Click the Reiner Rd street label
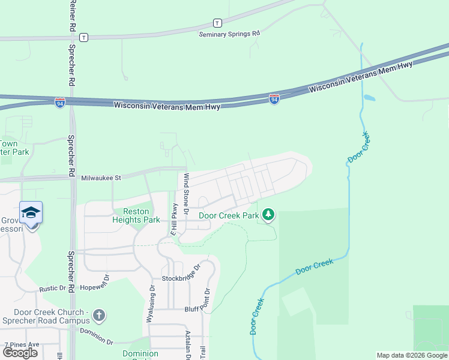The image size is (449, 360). [x=72, y=16]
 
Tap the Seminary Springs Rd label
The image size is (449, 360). [x=230, y=34]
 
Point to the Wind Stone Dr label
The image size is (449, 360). [x=186, y=194]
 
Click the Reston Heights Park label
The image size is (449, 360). [x=136, y=215]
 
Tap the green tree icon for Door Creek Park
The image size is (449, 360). [x=268, y=214]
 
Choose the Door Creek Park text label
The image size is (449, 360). [x=229, y=215]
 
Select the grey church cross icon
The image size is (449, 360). [x=100, y=314]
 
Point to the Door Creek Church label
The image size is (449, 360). [x=52, y=315]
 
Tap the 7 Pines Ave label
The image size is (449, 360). [x=22, y=344]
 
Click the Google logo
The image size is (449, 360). [x=20, y=352]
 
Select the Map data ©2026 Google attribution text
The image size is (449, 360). [x=412, y=355]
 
